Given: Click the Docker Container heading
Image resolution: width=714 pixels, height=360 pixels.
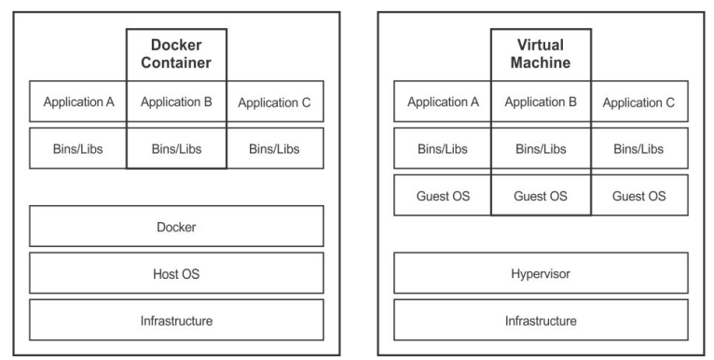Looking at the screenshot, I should [176, 54].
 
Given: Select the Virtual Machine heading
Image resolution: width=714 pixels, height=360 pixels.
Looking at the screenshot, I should [541, 54].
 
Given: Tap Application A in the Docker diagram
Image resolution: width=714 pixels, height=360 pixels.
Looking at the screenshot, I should [78, 102].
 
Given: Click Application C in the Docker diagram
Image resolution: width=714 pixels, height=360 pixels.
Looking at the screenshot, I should [274, 102].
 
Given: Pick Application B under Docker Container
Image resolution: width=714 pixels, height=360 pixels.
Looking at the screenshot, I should [176, 102].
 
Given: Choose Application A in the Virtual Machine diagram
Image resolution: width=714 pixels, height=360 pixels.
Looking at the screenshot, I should [443, 102].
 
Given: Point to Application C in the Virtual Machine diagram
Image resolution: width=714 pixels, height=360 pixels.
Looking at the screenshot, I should [638, 102].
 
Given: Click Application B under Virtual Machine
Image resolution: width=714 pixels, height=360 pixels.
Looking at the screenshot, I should [541, 102].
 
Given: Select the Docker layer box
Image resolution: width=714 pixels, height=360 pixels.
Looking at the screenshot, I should [176, 227].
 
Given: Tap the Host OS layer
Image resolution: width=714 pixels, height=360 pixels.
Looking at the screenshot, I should [176, 273].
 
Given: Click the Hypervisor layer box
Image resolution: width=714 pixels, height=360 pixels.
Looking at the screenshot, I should [541, 273].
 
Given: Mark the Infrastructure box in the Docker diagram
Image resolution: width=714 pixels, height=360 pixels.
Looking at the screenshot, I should [176, 320].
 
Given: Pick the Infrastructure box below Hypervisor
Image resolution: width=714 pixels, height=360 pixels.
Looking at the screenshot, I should [541, 320].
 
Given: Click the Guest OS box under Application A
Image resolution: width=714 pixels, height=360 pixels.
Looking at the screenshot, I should [443, 196].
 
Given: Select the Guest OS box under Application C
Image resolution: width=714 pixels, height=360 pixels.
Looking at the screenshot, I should [638, 196].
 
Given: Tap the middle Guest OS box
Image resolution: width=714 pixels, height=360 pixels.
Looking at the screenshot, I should [541, 196].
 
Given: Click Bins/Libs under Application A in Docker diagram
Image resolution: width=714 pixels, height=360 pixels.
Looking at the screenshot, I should [78, 148].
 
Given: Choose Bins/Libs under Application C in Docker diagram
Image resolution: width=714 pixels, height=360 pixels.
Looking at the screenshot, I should [274, 148].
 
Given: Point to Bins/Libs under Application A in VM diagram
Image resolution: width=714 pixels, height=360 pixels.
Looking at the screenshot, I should [443, 148].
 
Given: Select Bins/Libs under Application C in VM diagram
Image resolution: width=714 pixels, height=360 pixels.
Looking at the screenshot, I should [638, 148].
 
